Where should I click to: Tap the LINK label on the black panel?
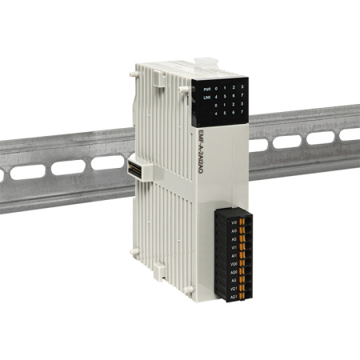[x=206, y=98]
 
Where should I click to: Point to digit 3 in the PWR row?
[x=242, y=89]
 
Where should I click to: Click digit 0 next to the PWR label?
[x=218, y=89]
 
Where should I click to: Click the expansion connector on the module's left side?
[x=132, y=170]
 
